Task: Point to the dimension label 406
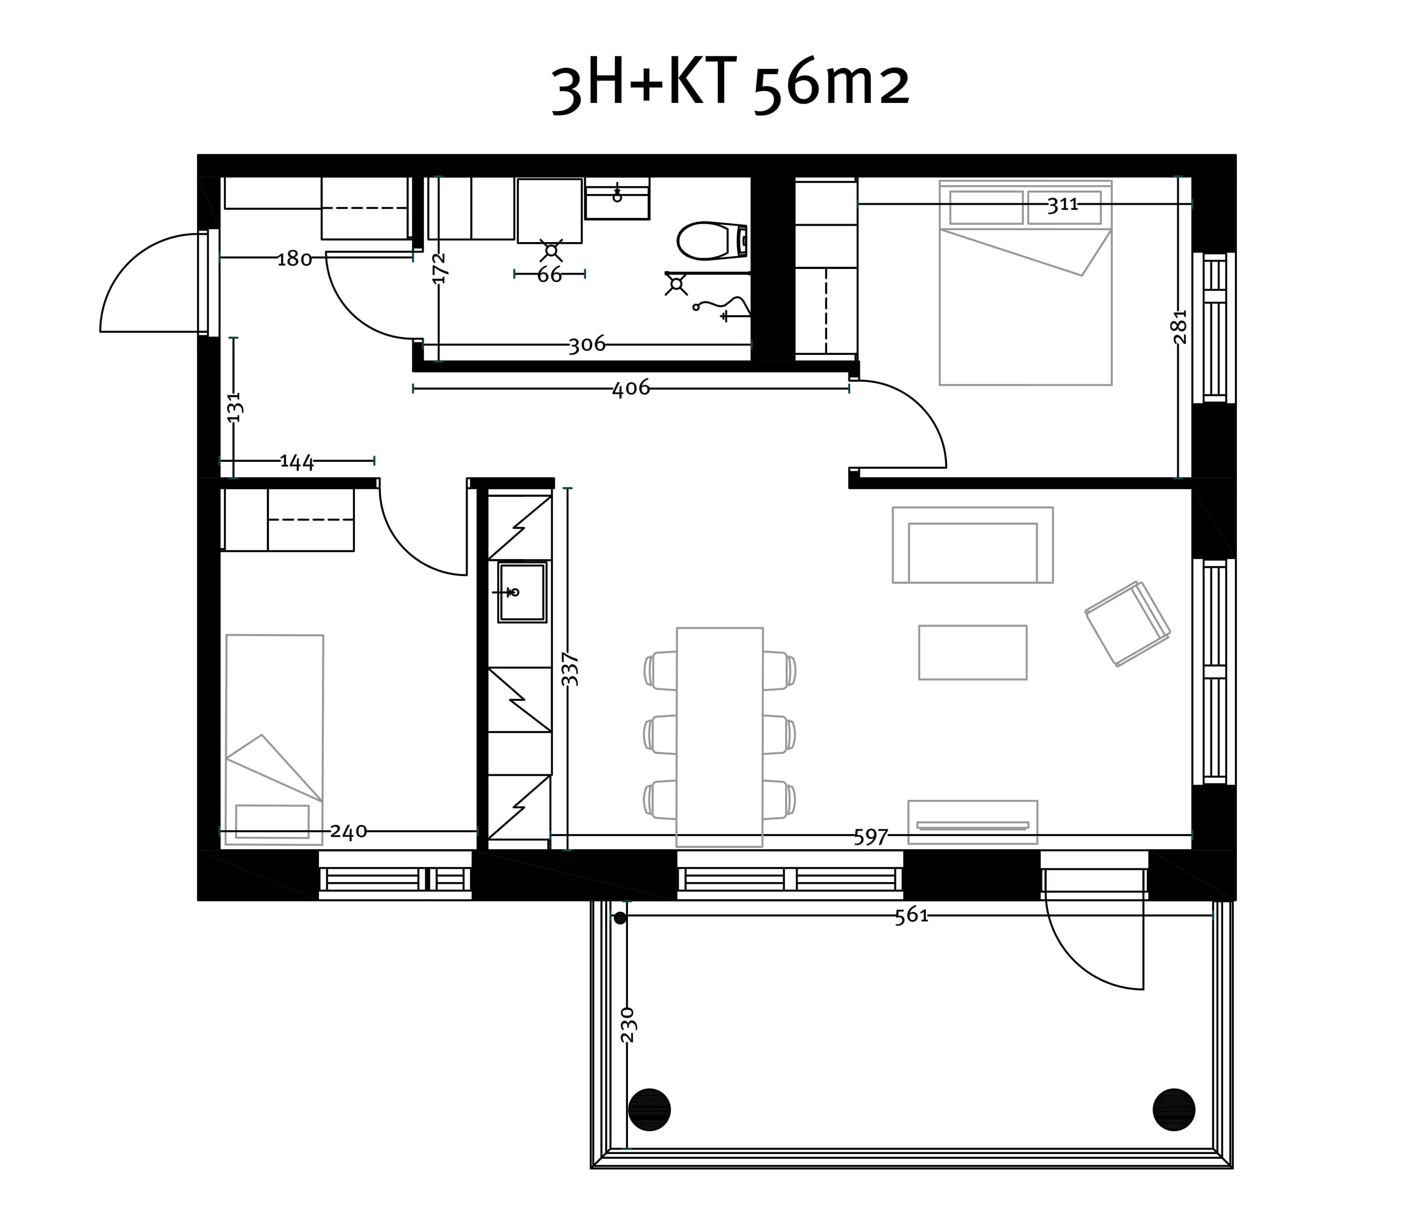631,389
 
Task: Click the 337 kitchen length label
570,669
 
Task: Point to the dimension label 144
297,462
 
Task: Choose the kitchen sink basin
522,592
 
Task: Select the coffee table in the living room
973,652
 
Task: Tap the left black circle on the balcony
649,1109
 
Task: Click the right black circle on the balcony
1174,1109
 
